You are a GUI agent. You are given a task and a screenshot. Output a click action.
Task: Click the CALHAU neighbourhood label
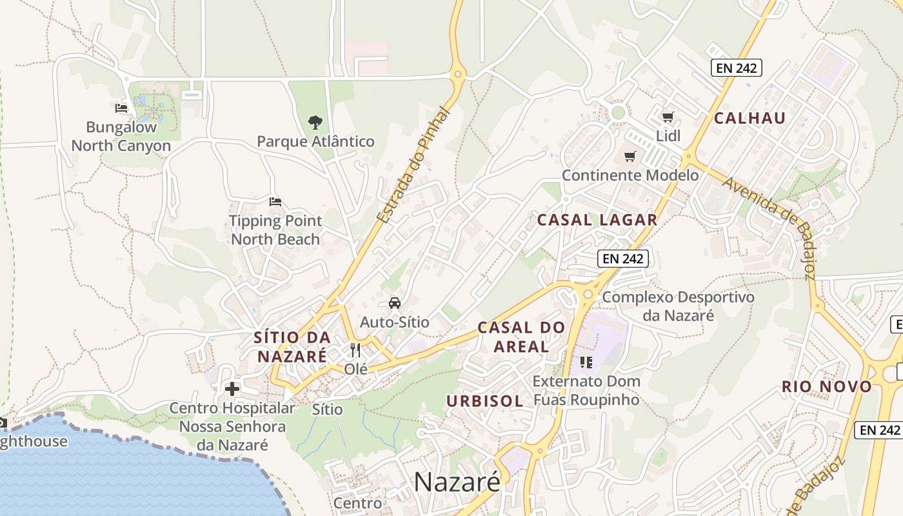click(x=749, y=118)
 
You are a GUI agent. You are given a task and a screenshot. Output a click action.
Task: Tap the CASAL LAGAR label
click(x=597, y=220)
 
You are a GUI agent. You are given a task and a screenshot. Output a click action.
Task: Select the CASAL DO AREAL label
click(x=521, y=337)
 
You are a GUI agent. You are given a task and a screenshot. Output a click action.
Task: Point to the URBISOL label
click(x=484, y=401)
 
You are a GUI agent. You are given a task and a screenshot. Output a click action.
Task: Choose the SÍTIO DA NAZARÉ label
click(x=292, y=346)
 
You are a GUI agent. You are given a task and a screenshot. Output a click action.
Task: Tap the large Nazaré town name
click(x=457, y=481)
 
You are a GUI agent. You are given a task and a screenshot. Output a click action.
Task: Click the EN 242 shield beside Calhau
click(x=737, y=67)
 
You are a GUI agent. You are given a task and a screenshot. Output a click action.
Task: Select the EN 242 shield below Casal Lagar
click(x=622, y=259)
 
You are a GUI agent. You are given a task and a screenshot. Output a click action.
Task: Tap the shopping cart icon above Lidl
click(x=668, y=117)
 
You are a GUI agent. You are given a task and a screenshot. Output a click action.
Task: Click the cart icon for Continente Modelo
click(x=630, y=156)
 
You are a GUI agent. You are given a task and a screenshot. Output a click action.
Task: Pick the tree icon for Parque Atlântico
click(x=315, y=122)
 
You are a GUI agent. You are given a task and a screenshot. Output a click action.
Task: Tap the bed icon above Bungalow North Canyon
click(x=121, y=108)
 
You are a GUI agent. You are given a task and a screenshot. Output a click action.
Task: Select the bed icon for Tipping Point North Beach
click(x=275, y=202)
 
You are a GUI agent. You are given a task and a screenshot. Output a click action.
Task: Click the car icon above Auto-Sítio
click(x=394, y=303)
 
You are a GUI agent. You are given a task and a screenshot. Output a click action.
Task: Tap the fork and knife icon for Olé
click(x=355, y=350)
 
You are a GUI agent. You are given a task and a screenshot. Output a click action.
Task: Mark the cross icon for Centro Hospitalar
click(x=232, y=389)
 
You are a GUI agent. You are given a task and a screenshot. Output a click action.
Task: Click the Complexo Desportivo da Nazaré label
click(x=678, y=306)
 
